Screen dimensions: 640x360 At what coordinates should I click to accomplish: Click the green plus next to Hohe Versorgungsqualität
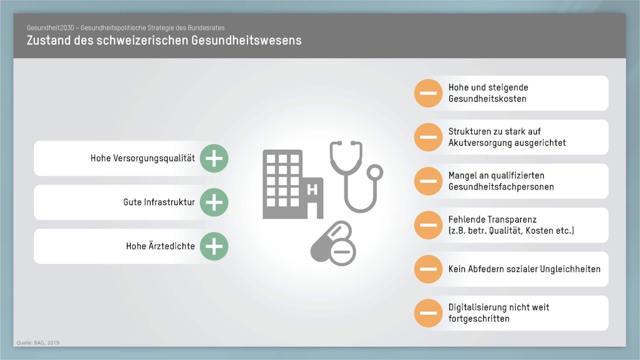tap(214, 158)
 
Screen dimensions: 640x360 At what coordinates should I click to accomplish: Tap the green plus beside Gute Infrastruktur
tap(214, 202)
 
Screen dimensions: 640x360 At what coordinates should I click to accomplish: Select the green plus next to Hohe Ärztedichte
tap(214, 246)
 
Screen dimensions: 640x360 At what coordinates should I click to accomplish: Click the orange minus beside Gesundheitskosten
tap(428, 93)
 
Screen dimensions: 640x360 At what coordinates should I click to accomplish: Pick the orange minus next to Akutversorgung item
tap(428, 137)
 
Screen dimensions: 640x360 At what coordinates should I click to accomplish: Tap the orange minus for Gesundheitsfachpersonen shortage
tap(428, 181)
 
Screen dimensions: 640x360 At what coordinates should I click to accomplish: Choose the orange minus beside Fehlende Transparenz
tap(428, 225)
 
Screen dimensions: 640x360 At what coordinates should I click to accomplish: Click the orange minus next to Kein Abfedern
tap(428, 269)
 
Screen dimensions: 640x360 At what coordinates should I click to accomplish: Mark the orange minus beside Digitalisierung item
tap(428, 313)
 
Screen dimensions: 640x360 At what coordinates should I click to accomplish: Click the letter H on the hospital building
tap(312, 190)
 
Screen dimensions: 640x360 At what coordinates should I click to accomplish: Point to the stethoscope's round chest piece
tap(374, 172)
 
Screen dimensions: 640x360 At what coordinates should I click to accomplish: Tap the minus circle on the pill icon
tap(342, 252)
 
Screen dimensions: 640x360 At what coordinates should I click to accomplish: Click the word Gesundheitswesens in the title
tap(246, 41)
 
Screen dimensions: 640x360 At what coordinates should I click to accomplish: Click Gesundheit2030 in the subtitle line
tap(51, 27)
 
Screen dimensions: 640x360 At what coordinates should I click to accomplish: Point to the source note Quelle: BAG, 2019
tap(38, 343)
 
